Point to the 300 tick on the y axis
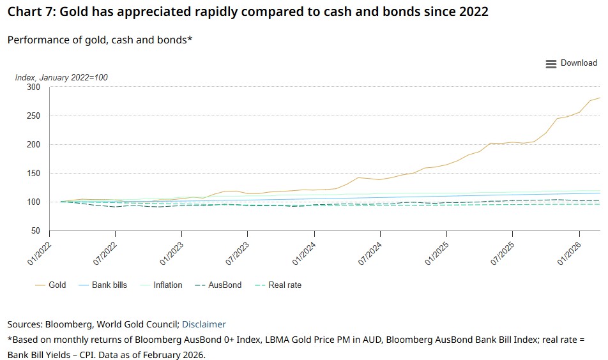pos(33,87)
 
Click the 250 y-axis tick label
pos(33,116)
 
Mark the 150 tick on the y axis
pos(33,174)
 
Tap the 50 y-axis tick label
pos(35,231)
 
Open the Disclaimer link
pos(204,324)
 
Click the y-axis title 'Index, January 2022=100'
pos(61,78)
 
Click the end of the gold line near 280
pos(600,98)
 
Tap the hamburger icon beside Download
pos(551,64)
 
